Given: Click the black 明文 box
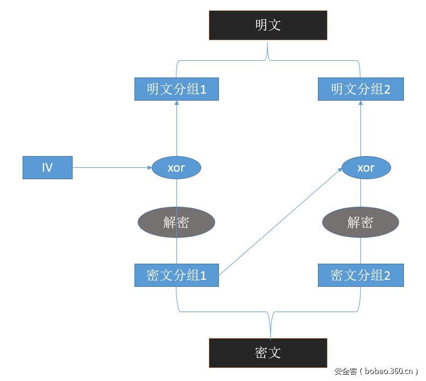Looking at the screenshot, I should [268, 25].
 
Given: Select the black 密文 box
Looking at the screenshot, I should [268, 352].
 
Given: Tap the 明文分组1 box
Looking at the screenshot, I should [176, 89].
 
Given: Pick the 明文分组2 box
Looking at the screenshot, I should [360, 89].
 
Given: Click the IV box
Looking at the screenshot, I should [47, 167].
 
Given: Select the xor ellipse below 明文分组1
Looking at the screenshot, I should [176, 168].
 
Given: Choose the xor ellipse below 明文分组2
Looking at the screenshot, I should [366, 168].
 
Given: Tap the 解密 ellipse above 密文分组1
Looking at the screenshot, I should [176, 222].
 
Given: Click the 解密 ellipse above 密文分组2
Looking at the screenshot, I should [360, 222].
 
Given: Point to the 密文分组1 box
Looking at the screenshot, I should [176, 275].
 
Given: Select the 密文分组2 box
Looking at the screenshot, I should [360, 275].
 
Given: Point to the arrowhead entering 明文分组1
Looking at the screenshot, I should [176, 103].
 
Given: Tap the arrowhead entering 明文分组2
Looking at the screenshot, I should [360, 103].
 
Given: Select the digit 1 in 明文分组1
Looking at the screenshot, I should [203, 89].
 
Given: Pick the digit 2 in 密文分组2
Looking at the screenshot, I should [387, 276].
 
